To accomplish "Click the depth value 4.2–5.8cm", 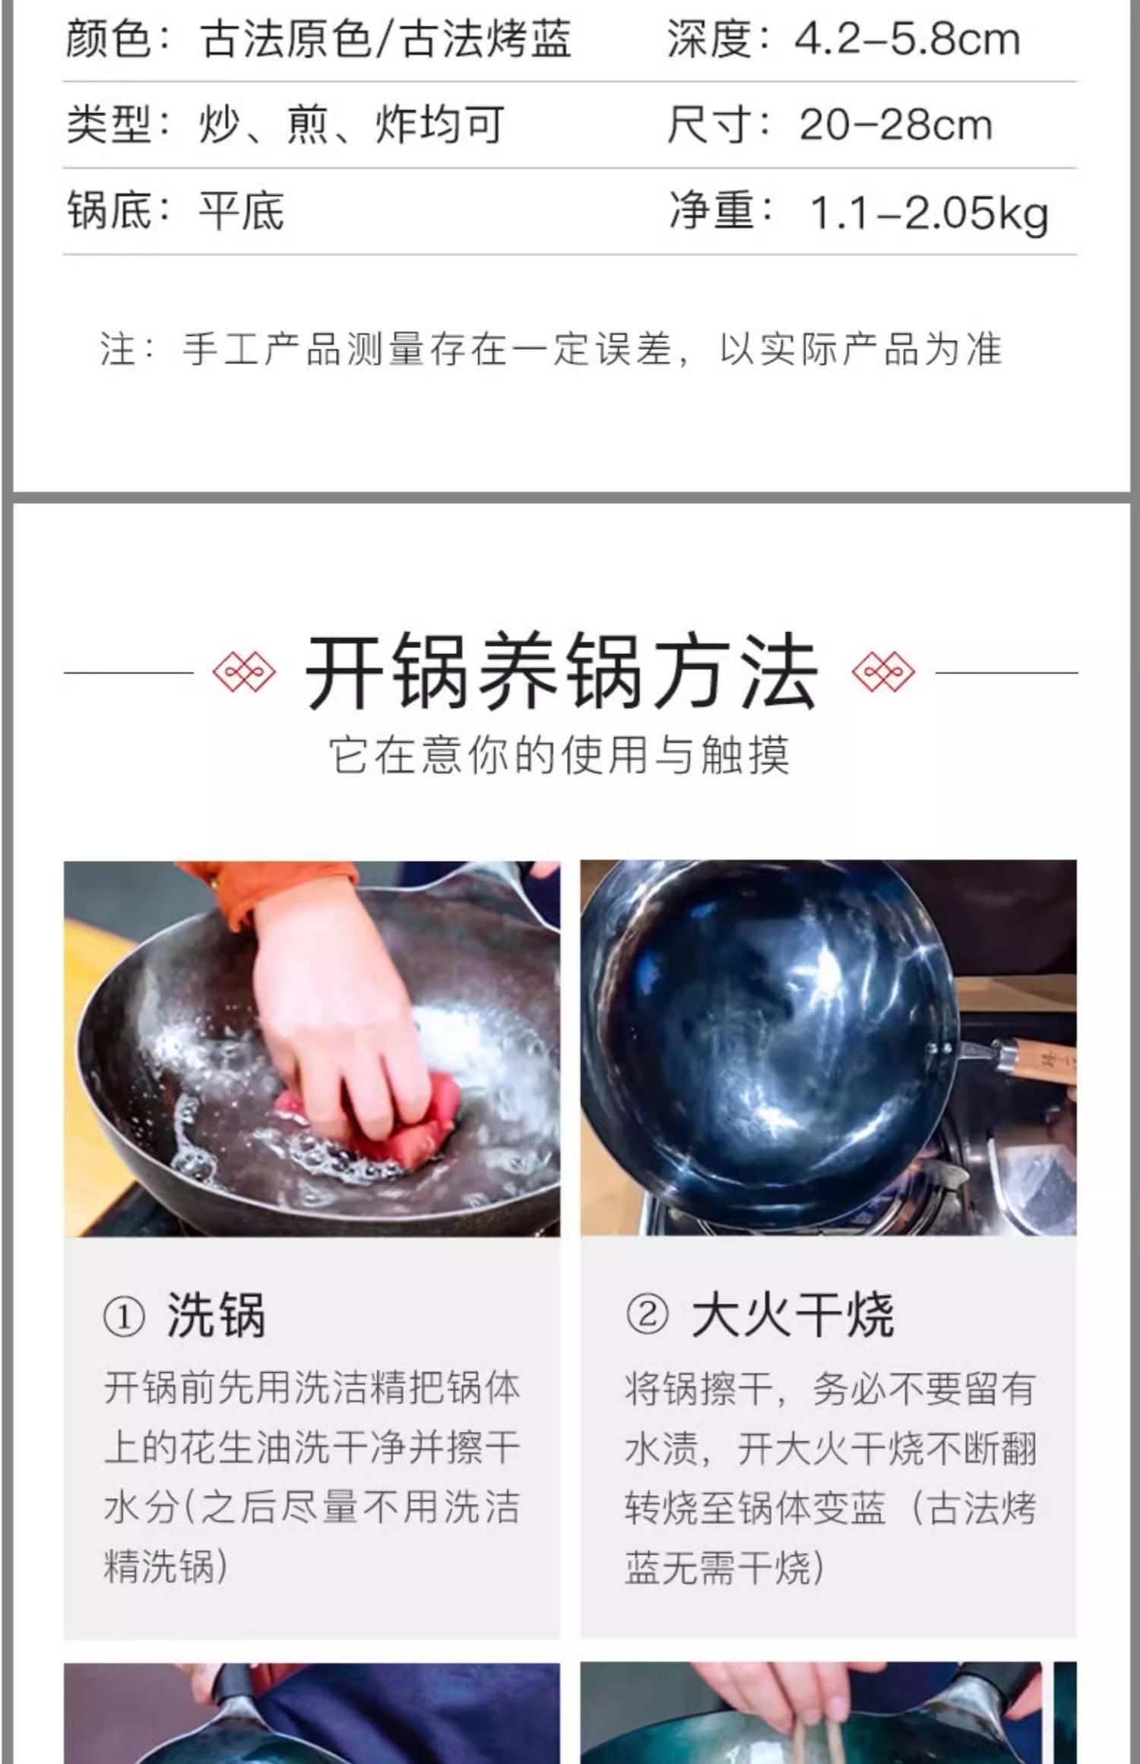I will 906,40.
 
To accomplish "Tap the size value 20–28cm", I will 895,125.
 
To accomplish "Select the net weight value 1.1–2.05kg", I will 929,213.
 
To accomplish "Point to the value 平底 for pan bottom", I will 241,211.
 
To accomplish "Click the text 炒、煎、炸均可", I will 351,125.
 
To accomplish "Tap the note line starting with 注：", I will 551,349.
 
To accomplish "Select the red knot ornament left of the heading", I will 244,672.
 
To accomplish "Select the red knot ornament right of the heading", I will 883,672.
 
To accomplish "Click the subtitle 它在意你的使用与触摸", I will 559,755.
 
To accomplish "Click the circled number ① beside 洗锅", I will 123,1318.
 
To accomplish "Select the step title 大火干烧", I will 792,1316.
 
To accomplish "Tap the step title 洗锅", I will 217,1317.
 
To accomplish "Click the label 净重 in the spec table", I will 711,211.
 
